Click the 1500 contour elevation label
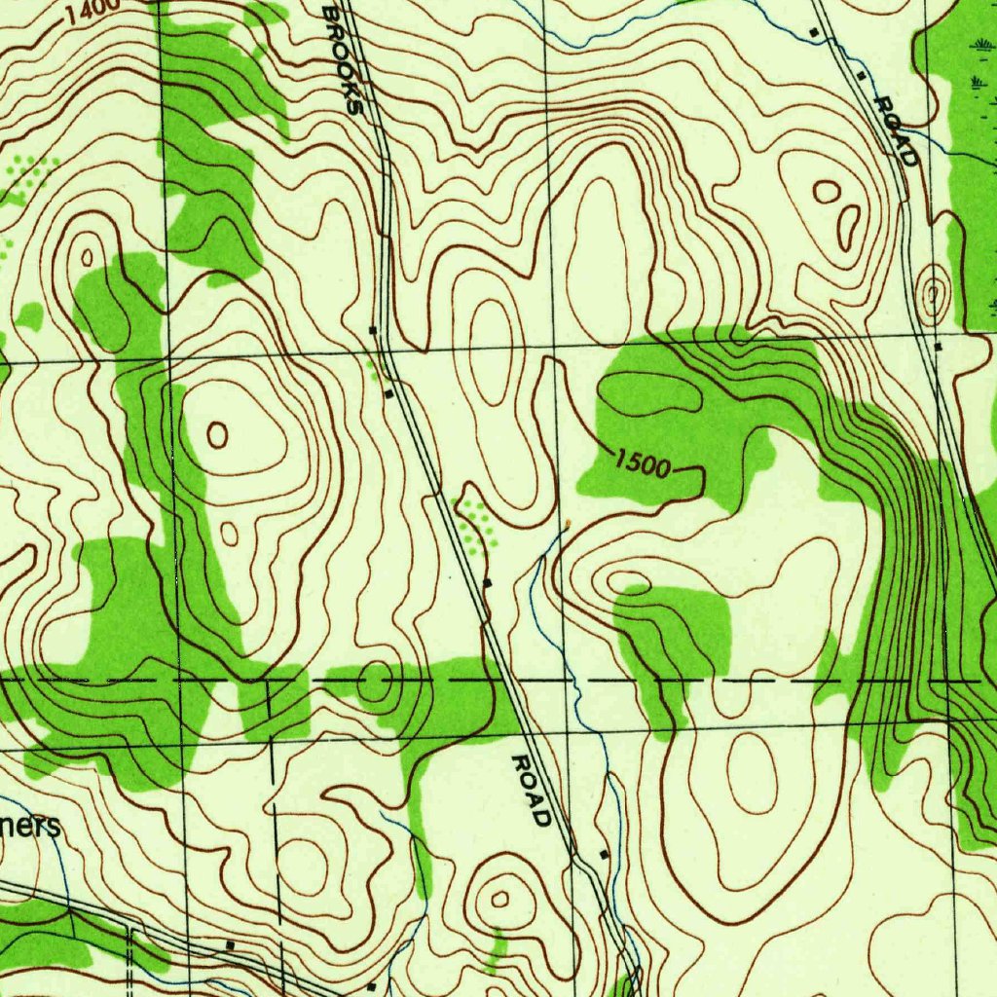pyautogui.click(x=643, y=466)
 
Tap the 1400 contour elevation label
pyautogui.click(x=93, y=9)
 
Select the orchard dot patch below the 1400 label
pyautogui.click(x=29, y=175)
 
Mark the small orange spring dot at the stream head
pyautogui.click(x=567, y=524)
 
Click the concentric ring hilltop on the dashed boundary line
pyautogui.click(x=375, y=682)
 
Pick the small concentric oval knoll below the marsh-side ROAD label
pyautogui.click(x=933, y=292)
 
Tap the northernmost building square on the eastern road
pyautogui.click(x=814, y=33)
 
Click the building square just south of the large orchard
pyautogui.click(x=488, y=582)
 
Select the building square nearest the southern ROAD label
pyautogui.click(x=604, y=854)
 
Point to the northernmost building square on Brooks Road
pyautogui.click(x=373, y=330)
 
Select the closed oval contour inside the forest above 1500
pyautogui.click(x=649, y=391)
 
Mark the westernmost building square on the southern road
pyautogui.click(x=230, y=944)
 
